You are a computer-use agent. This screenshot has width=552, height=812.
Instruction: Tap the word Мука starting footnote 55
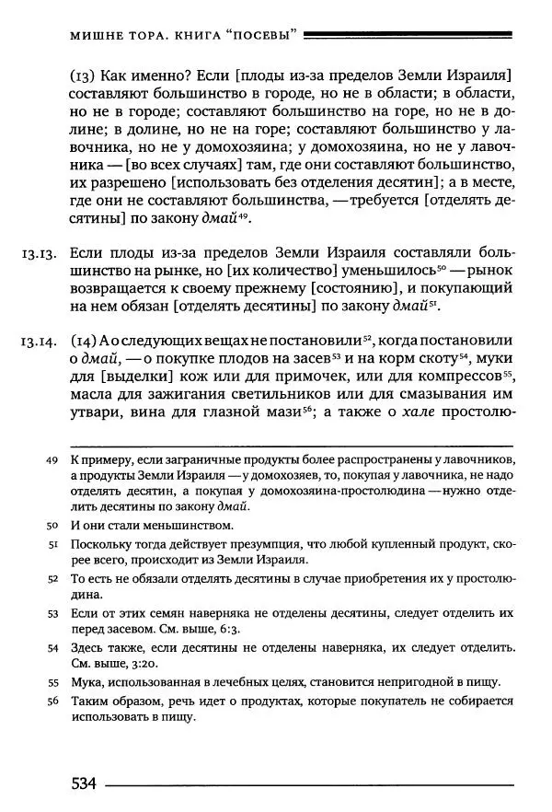86,682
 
